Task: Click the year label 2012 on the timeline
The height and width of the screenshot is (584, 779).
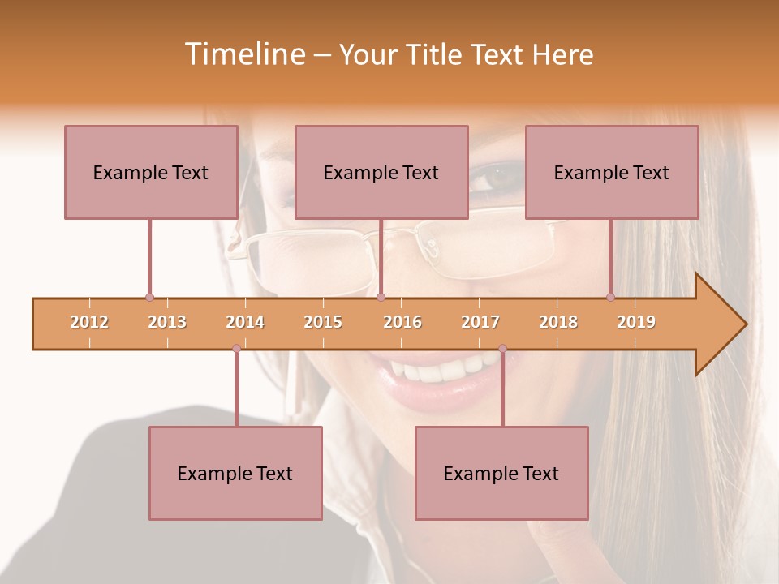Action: coord(89,322)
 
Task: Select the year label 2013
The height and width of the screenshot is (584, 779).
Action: coord(167,322)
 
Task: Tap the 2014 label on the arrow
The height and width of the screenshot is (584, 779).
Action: coord(245,322)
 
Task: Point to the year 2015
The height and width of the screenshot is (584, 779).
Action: coord(323,322)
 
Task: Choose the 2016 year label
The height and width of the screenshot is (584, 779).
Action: coord(402,322)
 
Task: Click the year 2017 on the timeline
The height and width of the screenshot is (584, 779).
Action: coord(480,322)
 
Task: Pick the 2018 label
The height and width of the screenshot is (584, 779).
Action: coord(558,322)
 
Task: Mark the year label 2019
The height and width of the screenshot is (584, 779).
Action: coord(636,322)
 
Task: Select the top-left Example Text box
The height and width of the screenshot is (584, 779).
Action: coord(151,172)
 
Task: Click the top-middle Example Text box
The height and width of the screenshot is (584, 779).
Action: coord(381,172)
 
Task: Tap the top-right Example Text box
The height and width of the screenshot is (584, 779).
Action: coord(612,172)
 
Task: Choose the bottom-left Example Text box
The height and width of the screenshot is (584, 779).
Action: coord(235,473)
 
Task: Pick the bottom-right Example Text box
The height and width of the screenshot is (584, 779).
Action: coord(501,473)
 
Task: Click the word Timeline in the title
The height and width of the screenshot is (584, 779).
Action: coord(243,54)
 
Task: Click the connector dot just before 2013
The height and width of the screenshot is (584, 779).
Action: coord(149,297)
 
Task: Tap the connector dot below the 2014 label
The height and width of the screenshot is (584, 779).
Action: coord(236,348)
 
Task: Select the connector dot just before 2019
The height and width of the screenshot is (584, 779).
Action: coord(610,297)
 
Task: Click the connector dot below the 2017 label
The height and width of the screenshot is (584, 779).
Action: coord(502,348)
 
